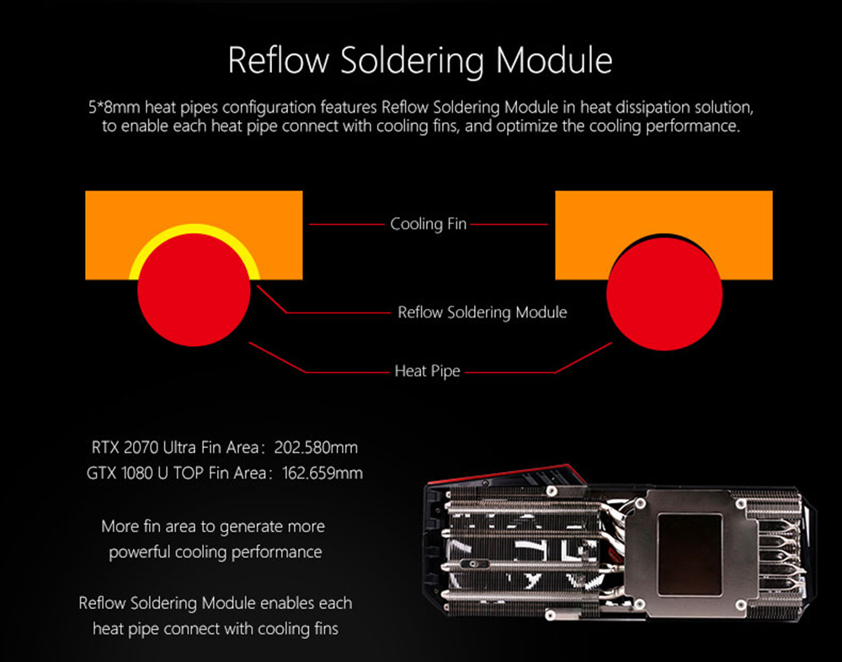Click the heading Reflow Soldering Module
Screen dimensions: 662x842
[420, 60]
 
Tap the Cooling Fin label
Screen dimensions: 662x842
[428, 224]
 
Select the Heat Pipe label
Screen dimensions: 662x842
[428, 371]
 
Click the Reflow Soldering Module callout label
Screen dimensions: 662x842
[482, 312]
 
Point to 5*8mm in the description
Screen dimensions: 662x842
[111, 108]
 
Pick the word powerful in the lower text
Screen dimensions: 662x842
[140, 553]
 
